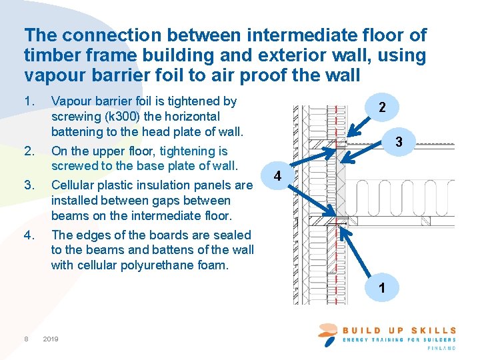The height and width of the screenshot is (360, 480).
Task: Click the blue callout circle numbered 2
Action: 381,107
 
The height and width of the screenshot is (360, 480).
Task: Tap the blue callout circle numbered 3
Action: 398,142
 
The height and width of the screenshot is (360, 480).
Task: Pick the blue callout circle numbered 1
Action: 381,289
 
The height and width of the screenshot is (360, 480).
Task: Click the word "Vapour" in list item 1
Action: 71,101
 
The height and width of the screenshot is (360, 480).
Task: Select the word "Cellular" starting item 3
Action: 74,185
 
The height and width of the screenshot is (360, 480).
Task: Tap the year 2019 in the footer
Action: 50,339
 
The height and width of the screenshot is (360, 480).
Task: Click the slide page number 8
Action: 26,339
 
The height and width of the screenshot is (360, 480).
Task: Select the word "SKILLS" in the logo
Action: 434,330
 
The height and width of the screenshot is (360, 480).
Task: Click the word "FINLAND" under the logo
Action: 441,348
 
